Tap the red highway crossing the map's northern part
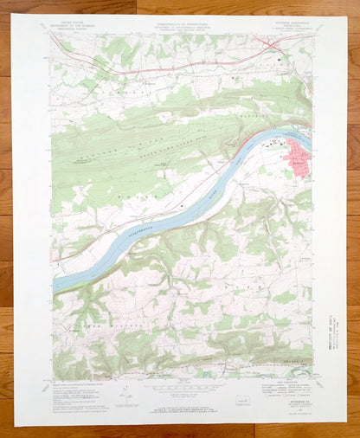173,66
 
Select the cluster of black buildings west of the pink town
276,142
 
